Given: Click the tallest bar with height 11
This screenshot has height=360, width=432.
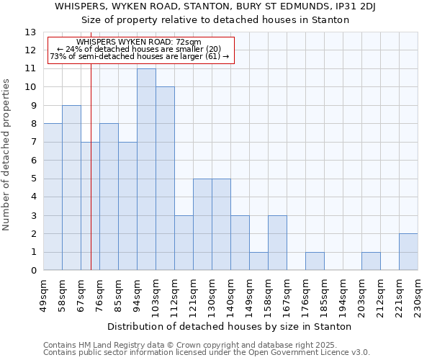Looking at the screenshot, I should (x=146, y=170).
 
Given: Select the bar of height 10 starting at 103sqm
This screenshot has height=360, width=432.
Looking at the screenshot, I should (x=165, y=179).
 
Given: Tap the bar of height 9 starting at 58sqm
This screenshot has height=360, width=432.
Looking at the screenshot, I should (x=71, y=188).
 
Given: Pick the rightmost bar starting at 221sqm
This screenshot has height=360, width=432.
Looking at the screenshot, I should (x=408, y=252).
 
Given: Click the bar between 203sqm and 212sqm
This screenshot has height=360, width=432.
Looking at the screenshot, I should (x=371, y=261).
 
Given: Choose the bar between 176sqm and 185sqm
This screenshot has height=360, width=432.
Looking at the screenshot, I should (x=315, y=261).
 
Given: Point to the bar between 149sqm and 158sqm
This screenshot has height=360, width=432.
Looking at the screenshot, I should (x=258, y=261).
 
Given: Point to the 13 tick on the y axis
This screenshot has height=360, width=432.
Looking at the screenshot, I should (x=30, y=32).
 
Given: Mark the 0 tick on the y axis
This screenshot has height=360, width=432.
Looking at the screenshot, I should (x=33, y=271).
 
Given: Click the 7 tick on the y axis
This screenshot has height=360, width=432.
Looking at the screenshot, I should (x=33, y=143).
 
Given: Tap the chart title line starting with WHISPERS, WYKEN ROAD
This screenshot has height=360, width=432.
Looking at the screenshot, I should (x=215, y=6).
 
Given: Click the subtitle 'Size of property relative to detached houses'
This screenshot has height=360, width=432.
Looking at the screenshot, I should (x=215, y=19).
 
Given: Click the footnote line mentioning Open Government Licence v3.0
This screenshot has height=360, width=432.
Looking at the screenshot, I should (x=207, y=353).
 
